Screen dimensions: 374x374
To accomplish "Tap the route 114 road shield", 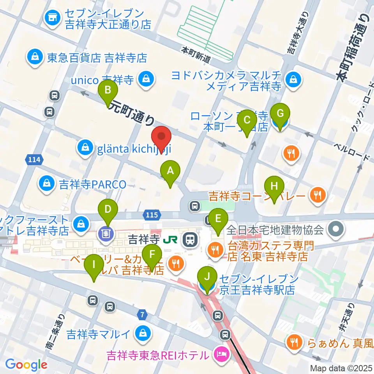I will (34, 159).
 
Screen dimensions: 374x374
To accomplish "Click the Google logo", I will (26, 365).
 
